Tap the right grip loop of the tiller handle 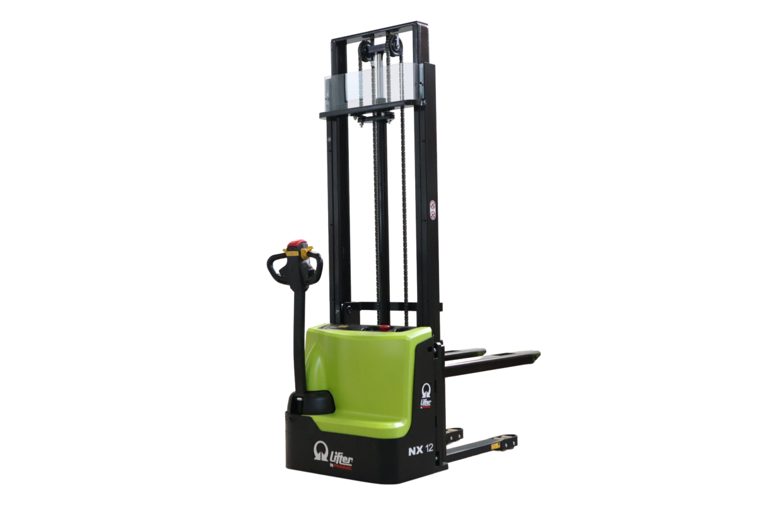pyautogui.click(x=315, y=263)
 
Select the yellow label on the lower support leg pyautogui.click(x=496, y=446)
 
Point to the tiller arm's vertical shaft pyautogui.click(x=300, y=335)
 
